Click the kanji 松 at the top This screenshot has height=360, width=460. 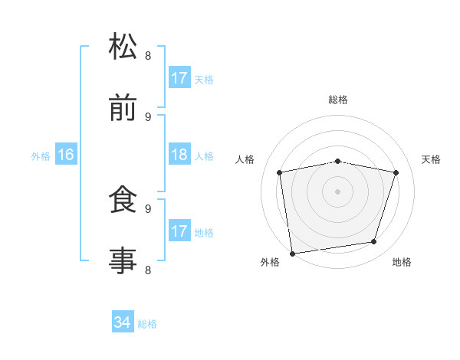(x=123, y=47)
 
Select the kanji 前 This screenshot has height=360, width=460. (x=123, y=108)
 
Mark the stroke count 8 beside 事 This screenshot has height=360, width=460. (x=148, y=270)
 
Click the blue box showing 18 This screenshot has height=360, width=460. (x=179, y=155)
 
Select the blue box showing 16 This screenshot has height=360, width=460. (x=66, y=155)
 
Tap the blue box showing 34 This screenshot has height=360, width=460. (x=123, y=322)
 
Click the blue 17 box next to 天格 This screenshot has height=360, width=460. (x=179, y=78)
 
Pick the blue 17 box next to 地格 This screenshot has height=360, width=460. (x=179, y=231)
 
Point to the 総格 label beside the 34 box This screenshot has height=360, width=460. (x=147, y=324)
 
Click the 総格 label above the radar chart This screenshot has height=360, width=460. (x=338, y=100)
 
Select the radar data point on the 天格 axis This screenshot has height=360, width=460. (x=396, y=172)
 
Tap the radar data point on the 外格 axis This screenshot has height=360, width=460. (x=292, y=253)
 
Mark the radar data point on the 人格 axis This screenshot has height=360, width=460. (x=280, y=172)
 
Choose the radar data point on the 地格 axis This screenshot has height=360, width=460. (x=374, y=242)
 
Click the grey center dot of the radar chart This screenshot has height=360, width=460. (x=338, y=191)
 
